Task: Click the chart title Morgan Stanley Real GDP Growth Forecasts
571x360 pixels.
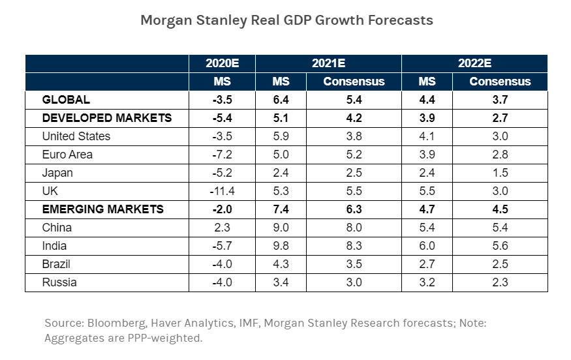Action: coord(286,20)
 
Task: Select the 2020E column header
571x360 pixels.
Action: coord(222,64)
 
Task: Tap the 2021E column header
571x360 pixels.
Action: coord(328,64)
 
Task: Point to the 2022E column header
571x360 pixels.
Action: coord(474,64)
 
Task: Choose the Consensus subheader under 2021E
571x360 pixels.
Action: coord(354,82)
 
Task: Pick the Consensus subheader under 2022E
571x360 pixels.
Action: coord(500,82)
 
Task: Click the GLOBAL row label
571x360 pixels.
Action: coord(66,100)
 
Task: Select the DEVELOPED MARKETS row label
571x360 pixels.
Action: coord(107,118)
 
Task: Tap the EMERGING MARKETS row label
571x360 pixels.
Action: coord(102,209)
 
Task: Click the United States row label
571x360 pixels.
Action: coord(76,136)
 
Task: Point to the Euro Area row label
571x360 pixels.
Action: coord(67,155)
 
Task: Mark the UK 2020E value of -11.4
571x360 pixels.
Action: coord(222,191)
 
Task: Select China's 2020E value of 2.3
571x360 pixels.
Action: coord(223,228)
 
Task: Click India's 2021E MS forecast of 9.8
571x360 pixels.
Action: coord(281,246)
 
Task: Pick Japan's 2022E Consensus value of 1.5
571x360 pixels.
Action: coord(500,173)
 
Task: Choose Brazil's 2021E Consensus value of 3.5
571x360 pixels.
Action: coord(354,264)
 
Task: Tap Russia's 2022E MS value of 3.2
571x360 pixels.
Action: coord(427,282)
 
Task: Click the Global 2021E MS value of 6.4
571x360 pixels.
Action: coord(281,100)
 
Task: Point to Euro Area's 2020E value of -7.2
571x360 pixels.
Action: coord(222,155)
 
